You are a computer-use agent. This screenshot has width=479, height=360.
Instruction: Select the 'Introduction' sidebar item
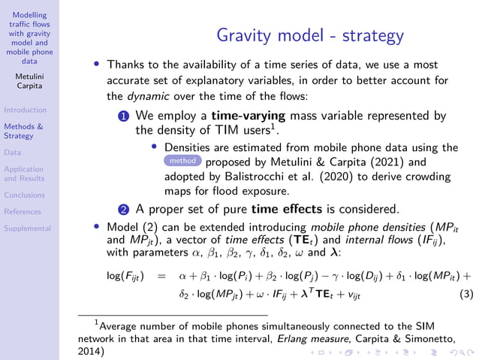(x=25, y=110)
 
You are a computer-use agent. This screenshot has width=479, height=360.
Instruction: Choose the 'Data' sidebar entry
(x=12, y=152)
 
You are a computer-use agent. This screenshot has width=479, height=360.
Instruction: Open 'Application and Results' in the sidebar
(x=24, y=174)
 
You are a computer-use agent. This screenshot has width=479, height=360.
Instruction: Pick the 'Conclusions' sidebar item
(x=24, y=195)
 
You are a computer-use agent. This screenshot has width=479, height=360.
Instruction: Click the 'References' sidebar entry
(x=23, y=211)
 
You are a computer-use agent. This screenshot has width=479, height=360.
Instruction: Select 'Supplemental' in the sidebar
(x=27, y=228)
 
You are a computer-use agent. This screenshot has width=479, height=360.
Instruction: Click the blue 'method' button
(x=182, y=161)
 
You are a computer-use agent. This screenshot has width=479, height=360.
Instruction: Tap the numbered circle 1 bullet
(x=125, y=116)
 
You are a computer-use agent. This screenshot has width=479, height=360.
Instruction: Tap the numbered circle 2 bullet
(x=125, y=209)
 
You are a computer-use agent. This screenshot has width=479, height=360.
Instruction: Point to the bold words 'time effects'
(x=286, y=208)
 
